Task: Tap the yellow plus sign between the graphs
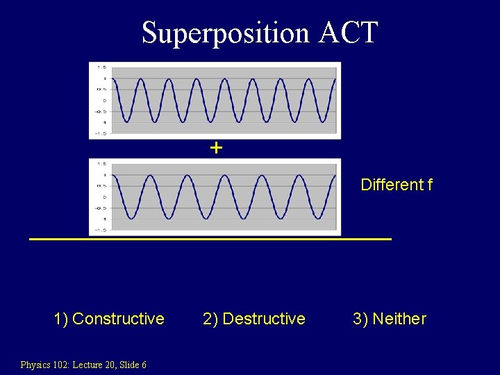point(216,148)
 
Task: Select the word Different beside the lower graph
point(392,185)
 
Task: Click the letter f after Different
point(430,185)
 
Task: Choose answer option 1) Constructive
point(109,319)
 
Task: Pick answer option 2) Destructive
point(253,319)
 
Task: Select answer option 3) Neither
point(389,319)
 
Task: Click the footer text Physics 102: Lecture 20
point(63,365)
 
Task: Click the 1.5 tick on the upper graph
point(101,67)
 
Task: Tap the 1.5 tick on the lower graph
point(101,164)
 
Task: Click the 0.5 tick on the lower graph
point(101,185)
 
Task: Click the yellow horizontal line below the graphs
point(210,239)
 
